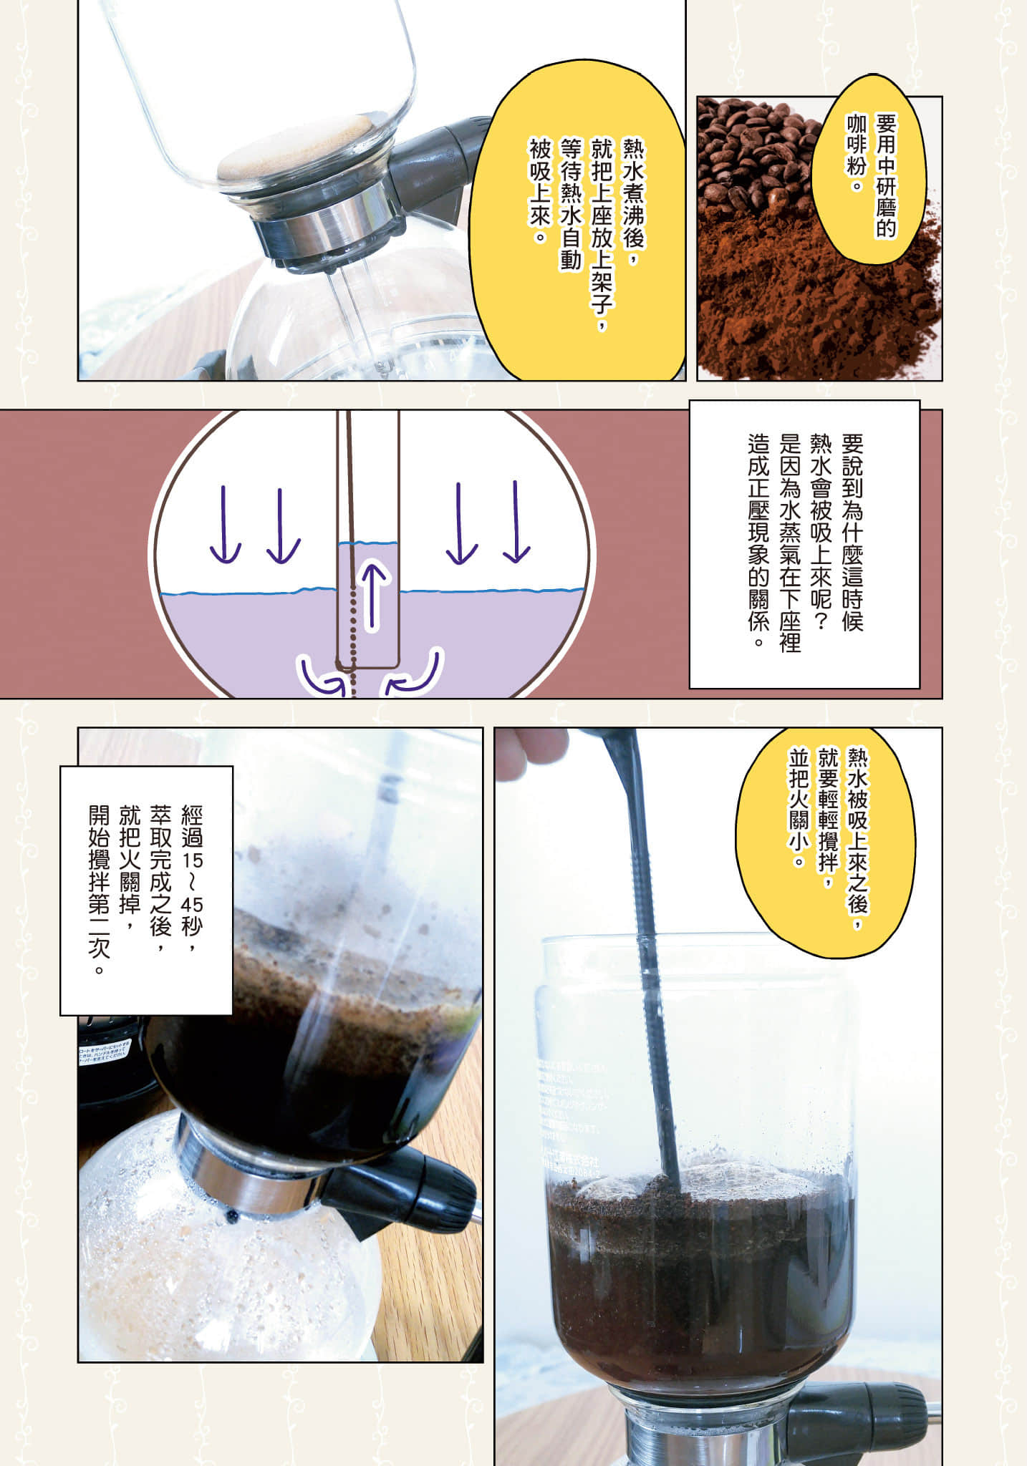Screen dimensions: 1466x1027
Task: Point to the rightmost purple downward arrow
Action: pos(516,521)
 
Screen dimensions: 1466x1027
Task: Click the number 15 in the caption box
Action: pos(191,858)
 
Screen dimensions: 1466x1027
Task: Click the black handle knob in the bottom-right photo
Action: pos(859,1407)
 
